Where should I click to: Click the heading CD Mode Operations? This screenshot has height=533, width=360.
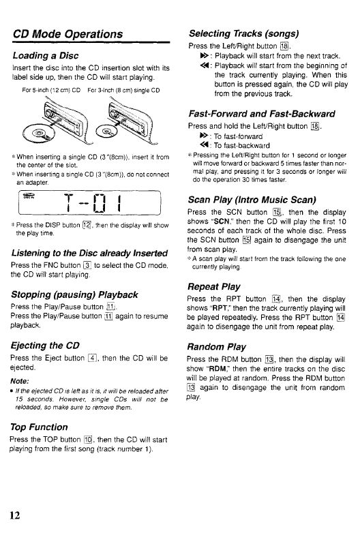pos(67,34)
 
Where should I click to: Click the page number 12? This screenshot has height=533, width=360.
pos(14,515)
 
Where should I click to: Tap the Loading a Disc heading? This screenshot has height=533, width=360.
pos(46,55)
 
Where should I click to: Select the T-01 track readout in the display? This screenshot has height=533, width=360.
pos(93,203)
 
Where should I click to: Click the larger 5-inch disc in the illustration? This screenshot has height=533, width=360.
pos(37,133)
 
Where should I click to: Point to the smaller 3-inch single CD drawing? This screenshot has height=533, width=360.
pos(106,132)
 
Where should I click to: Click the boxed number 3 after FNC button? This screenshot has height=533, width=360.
pos(87,265)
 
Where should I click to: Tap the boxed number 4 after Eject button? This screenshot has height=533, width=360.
pos(92,358)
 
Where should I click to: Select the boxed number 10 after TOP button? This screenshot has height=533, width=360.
pos(88,440)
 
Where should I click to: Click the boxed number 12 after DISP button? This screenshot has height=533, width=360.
pos(87,225)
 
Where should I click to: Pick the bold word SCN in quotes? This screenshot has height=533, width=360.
pos(222,222)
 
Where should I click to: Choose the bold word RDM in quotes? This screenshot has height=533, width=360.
pos(217,369)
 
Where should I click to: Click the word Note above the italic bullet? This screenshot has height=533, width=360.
pos(19,381)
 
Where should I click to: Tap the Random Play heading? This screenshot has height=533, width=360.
pos(216,347)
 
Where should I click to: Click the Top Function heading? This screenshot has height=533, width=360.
pos(39,427)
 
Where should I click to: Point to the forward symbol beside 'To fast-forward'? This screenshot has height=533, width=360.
pos(204,136)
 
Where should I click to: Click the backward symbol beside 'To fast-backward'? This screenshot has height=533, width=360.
pos(204,145)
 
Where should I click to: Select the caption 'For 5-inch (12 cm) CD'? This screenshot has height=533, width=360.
pos(51,91)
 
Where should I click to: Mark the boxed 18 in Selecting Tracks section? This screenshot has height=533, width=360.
pos(284,46)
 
